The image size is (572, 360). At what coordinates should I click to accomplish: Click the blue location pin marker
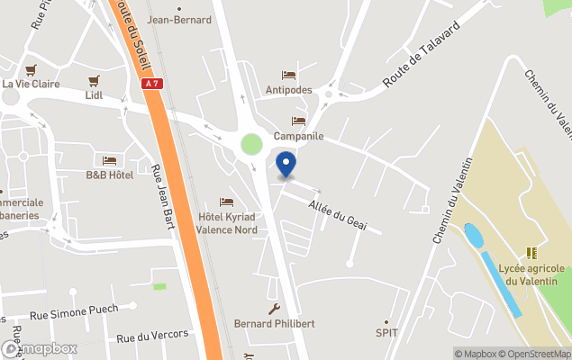point(286,165)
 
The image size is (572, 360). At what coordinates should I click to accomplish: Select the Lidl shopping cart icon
point(94,80)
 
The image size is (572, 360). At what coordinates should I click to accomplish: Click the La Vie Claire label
point(31,84)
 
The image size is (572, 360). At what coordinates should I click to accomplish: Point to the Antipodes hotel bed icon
point(288,75)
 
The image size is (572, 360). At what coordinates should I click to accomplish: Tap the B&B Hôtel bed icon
point(109,160)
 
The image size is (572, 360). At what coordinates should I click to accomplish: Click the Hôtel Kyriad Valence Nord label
point(227,223)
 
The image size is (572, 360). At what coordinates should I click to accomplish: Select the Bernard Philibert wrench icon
point(275,309)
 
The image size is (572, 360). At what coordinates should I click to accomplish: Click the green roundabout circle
point(251,144)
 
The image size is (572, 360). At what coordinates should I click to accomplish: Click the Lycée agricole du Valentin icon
point(532,253)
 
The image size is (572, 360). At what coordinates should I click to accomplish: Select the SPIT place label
point(386,333)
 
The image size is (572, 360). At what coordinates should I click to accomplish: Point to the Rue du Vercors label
point(153,336)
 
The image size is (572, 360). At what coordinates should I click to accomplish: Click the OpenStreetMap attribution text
point(537,354)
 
